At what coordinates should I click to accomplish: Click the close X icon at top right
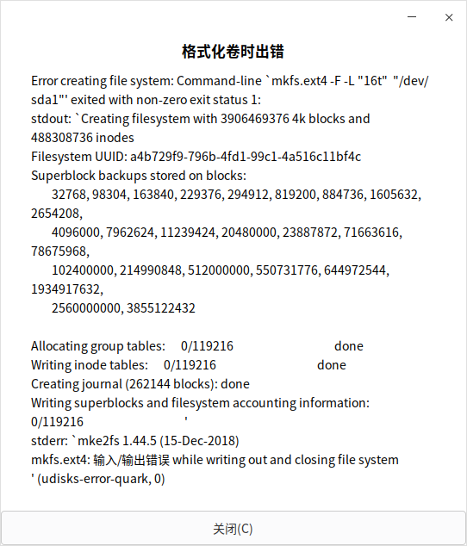pos(449,18)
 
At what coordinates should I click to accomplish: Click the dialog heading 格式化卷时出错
pos(233,51)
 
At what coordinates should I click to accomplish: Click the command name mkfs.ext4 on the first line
pos(302,81)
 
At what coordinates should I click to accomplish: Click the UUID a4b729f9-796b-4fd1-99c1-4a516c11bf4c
pos(246,157)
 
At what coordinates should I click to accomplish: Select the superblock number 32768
pos(69,195)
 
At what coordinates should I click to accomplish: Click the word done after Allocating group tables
pos(349,346)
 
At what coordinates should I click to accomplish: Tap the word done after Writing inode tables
pos(332,365)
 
